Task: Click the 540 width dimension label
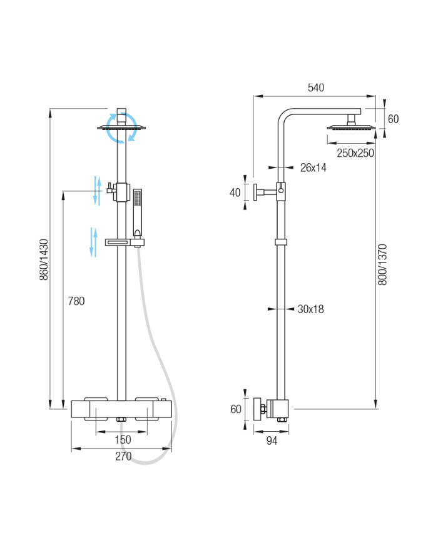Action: (x=315, y=87)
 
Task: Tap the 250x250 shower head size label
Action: (x=355, y=153)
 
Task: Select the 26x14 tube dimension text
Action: (x=313, y=167)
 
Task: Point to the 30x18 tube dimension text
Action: (x=311, y=309)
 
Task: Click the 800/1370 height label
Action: (x=382, y=264)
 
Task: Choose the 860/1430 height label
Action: (x=44, y=259)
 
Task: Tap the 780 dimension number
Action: (x=76, y=301)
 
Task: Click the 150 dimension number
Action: (x=123, y=439)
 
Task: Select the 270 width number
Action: (x=123, y=456)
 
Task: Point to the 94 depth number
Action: (x=272, y=441)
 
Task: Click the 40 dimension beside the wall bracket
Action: (x=235, y=192)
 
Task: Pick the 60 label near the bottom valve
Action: (x=236, y=409)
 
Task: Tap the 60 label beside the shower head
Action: (x=394, y=119)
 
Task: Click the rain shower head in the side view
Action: (x=351, y=127)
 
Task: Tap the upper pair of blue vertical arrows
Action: (x=98, y=191)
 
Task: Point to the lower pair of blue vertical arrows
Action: (x=93, y=242)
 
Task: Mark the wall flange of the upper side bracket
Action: (x=255, y=192)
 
